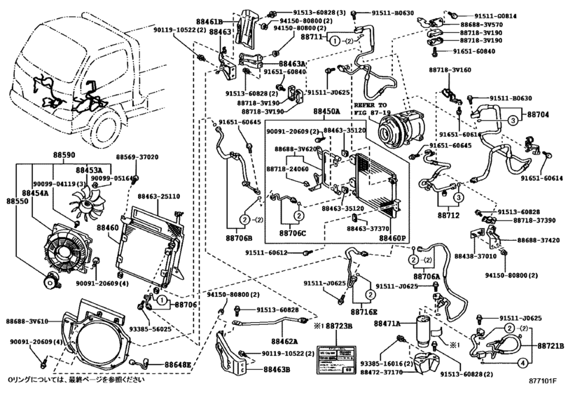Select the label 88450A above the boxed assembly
326,112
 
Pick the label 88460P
392,239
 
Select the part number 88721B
551,347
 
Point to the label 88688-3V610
31,321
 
